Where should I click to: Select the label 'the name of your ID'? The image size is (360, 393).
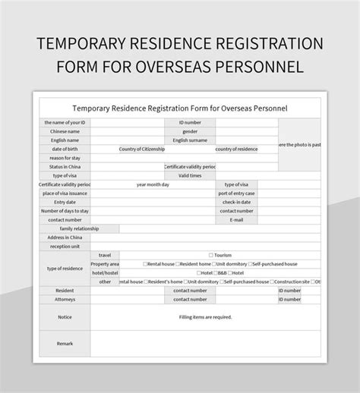tap(65, 122)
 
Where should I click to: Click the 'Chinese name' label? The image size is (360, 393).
tap(65, 131)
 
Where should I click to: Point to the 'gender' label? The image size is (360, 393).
tap(190, 131)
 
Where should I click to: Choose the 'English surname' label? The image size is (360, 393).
tap(190, 140)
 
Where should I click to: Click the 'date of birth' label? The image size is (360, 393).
tap(65, 149)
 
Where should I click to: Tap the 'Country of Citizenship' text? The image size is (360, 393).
tap(143, 149)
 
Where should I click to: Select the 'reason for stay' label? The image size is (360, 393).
tap(65, 158)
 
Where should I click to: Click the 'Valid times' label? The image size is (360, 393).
tap(190, 175)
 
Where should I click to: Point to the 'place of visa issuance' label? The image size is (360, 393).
tap(65, 193)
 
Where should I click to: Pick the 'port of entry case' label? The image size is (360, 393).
tap(238, 193)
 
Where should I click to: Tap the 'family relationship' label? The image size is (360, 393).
tap(79, 228)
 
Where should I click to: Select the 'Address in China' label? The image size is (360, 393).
tap(65, 237)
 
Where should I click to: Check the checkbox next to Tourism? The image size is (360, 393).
tap(210, 256)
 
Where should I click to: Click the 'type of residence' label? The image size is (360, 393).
tap(65, 269)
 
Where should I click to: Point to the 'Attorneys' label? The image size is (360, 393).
tap(65, 299)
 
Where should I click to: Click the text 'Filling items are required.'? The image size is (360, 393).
tap(205, 317)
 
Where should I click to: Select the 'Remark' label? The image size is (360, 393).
tap(65, 344)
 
